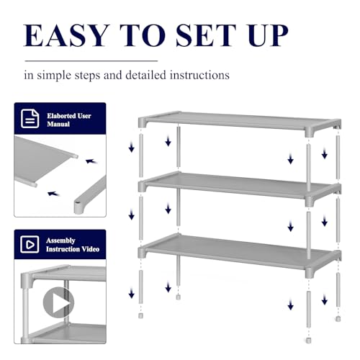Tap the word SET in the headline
tap(206, 35)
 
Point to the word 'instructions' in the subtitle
tap(199, 75)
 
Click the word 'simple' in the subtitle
tap(55, 76)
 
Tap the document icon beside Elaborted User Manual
tap(30, 119)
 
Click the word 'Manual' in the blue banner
tap(58, 124)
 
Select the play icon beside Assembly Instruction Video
tap(30, 244)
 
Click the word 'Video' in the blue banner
tap(90, 249)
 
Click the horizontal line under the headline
tap(91, 61)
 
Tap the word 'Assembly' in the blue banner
tap(60, 240)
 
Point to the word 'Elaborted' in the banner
tap(62, 116)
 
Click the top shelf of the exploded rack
tap(240, 123)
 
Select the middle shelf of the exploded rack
tap(240, 187)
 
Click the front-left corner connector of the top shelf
tap(143, 122)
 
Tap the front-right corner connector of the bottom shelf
tap(310, 273)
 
